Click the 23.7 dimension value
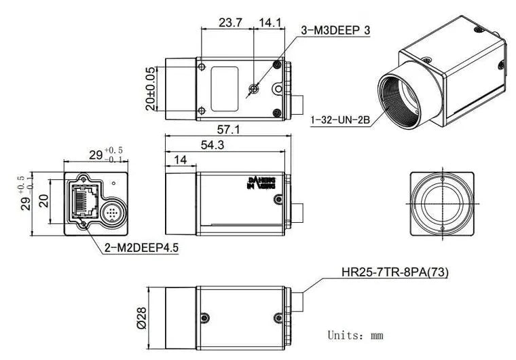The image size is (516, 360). (231, 22)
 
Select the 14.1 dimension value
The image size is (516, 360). (270, 22)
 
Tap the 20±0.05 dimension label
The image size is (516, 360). (150, 88)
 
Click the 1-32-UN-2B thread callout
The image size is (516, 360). (339, 120)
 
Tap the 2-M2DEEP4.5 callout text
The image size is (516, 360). (142, 248)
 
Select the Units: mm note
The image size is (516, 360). (355, 335)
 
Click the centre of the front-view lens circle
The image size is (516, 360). (442, 203)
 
